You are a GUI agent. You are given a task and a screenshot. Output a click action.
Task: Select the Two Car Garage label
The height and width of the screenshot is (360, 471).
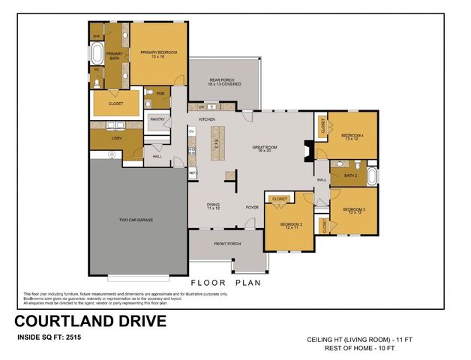click(136, 220)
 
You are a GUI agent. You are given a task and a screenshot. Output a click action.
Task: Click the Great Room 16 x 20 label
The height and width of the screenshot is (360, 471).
click(265, 148)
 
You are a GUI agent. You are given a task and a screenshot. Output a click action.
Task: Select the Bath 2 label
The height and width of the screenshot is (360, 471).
click(349, 175)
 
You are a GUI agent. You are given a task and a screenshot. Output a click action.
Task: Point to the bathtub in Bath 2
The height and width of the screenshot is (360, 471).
click(373, 178)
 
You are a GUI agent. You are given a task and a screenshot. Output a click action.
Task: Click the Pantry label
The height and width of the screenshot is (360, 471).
click(157, 119)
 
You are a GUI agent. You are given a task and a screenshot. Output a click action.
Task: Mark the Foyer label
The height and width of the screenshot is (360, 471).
click(253, 207)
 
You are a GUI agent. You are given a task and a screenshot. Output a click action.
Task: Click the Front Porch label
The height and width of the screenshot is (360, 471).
click(227, 244)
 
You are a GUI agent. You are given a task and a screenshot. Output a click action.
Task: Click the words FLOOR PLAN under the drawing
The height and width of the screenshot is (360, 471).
click(225, 283)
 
